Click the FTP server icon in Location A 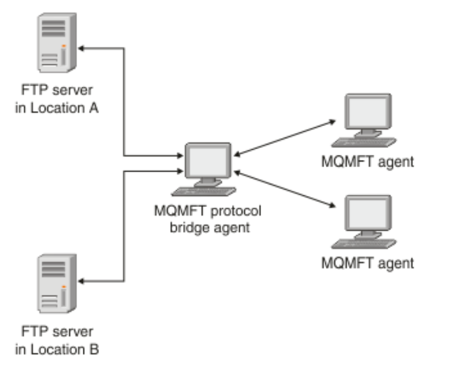pos(57,43)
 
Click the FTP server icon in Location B pos(57,283)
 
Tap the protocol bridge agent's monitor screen pos(208,161)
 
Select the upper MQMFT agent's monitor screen pos(368,112)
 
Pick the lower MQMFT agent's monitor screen pos(368,213)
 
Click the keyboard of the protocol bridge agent pos(204,192)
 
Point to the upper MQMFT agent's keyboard pos(364,142)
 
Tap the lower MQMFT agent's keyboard pos(364,244)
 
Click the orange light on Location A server pos(64,46)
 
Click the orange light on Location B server pos(64,287)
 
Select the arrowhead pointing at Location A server pos(81,48)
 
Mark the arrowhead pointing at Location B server pos(81,282)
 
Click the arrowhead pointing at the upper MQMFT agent pos(333,121)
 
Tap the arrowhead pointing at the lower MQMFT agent pos(333,205)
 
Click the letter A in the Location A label pos(94,108)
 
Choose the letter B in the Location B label pos(94,349)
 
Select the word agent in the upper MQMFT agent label pos(396,162)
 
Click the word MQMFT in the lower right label pos(347,263)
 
